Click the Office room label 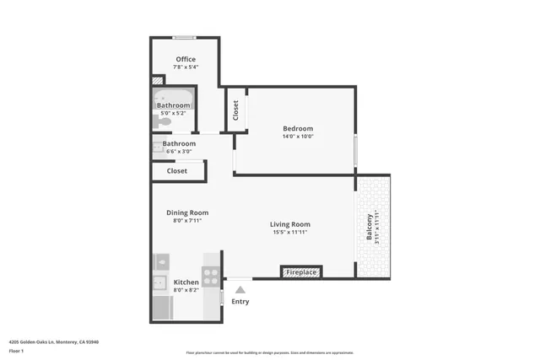pyautogui.click(x=186, y=59)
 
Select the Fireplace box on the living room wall pyautogui.click(x=301, y=272)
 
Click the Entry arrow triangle pyautogui.click(x=240, y=290)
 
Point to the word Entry pyautogui.click(x=240, y=301)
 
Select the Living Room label pyautogui.click(x=290, y=224)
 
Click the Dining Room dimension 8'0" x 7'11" pyautogui.click(x=186, y=221)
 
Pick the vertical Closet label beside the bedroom pyautogui.click(x=235, y=110)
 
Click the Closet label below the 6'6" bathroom pyautogui.click(x=177, y=170)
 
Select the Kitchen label pyautogui.click(x=186, y=282)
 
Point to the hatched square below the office pyautogui.click(x=157, y=81)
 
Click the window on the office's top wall pyautogui.click(x=186, y=38)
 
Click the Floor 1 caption pyautogui.click(x=17, y=351)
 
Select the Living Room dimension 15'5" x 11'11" pyautogui.click(x=290, y=233)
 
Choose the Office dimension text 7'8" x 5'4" pyautogui.click(x=186, y=67)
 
